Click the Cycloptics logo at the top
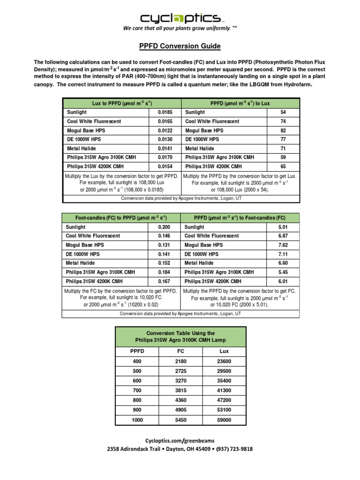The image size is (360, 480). pyautogui.click(x=180, y=18)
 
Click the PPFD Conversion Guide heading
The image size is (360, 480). pyautogui.click(x=180, y=46)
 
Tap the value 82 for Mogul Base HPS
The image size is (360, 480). pyautogui.click(x=283, y=130)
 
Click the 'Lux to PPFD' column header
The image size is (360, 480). pyautogui.click(x=121, y=103)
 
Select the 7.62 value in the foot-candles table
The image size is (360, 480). pyautogui.click(x=283, y=245)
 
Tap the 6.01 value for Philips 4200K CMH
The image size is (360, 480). pyautogui.click(x=283, y=281)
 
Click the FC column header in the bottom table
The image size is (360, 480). pyautogui.click(x=180, y=351)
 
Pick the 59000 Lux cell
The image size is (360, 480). pyautogui.click(x=224, y=420)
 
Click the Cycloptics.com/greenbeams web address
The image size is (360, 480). pyautogui.click(x=180, y=440)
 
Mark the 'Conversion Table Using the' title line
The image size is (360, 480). pyautogui.click(x=180, y=333)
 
